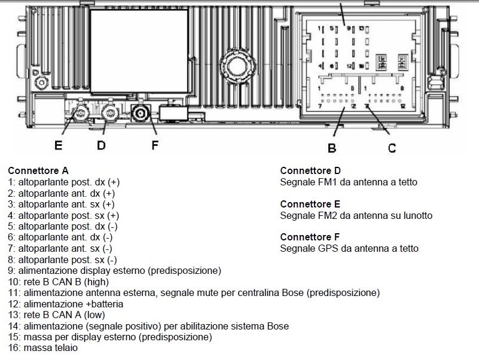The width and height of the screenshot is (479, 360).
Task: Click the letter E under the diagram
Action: tap(58, 145)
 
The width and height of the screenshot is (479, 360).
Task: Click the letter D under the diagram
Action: tap(101, 145)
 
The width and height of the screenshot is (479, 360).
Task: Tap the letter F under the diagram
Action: tap(154, 145)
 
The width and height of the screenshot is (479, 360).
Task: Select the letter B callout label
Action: tap(331, 147)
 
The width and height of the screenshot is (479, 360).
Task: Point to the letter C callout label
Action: tap(392, 147)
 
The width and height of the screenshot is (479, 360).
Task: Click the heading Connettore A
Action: tap(38, 170)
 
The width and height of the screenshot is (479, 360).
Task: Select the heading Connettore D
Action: tap(310, 170)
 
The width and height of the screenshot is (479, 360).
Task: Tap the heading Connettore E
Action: tap(310, 204)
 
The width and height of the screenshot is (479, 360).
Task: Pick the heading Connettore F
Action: tap(310, 237)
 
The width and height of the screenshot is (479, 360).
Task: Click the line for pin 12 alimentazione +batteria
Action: tap(65, 304)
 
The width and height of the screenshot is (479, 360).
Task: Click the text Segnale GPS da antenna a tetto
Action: tap(349, 248)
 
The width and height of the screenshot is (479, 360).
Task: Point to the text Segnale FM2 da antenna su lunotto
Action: tap(356, 215)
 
